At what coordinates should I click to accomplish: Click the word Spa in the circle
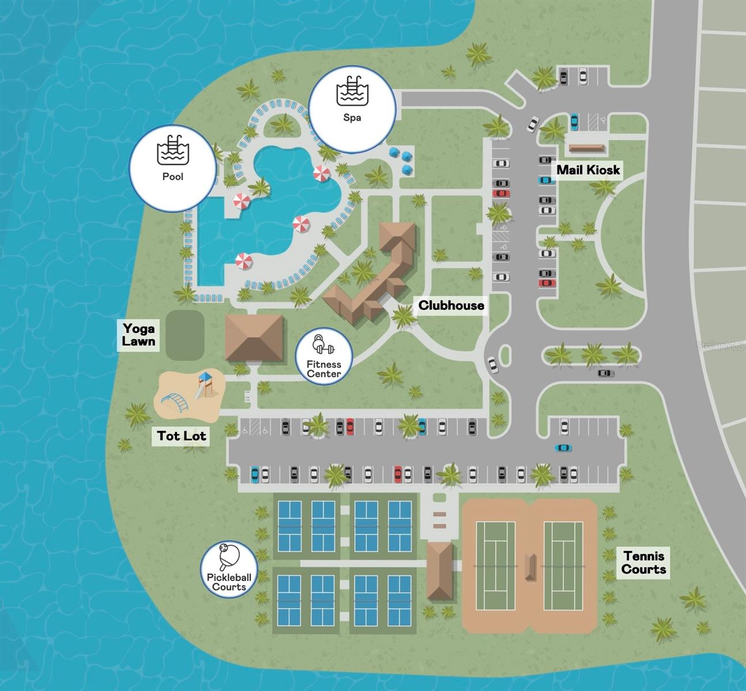tap(352, 117)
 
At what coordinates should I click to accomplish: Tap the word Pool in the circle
tap(172, 177)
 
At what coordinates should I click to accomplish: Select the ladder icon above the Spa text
tap(353, 91)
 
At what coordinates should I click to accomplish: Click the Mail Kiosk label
tap(588, 170)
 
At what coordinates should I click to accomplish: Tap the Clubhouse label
tap(451, 305)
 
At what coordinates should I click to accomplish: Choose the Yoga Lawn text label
tap(138, 335)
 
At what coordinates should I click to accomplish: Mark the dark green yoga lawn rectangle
tap(185, 335)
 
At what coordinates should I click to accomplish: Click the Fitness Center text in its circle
tap(324, 369)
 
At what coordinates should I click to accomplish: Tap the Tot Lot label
tap(181, 436)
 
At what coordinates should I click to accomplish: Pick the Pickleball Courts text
tap(229, 582)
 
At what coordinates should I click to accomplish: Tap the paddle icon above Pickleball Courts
tap(229, 556)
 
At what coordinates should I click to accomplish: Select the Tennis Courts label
tap(643, 563)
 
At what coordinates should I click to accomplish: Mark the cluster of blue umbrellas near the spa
tap(402, 160)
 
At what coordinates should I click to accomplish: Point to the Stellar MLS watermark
tap(720, 346)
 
